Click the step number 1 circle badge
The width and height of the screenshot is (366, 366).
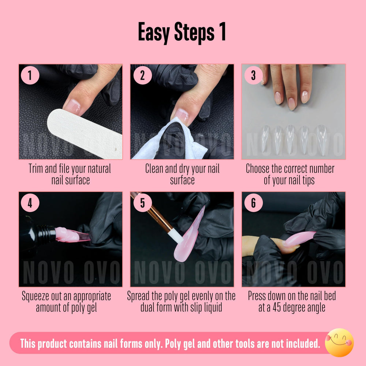tap(30, 75)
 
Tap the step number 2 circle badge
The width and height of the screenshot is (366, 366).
tap(142, 75)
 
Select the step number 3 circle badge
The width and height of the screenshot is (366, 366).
tap(253, 75)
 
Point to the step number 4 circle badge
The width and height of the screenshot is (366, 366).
tap(30, 203)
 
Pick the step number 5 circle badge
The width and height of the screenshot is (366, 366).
tap(142, 203)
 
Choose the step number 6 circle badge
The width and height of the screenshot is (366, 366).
tap(253, 203)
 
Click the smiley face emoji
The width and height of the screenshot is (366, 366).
tap(339, 343)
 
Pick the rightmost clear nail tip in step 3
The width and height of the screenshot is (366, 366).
tap(321, 139)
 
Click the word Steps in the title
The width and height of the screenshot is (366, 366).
tap(194, 33)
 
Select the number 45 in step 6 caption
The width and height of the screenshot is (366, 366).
tap(277, 307)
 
